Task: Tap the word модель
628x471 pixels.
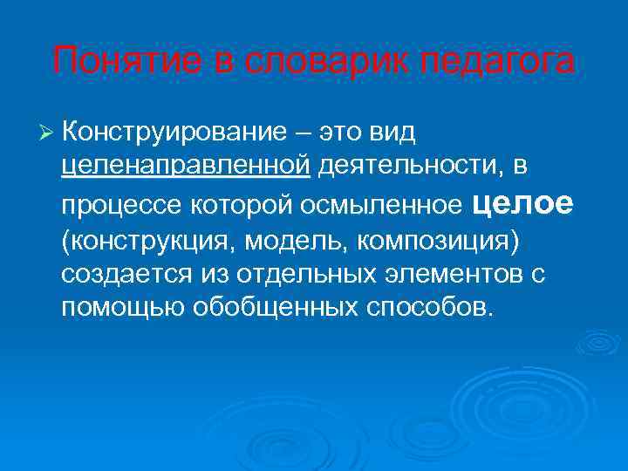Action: pos(284,240)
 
